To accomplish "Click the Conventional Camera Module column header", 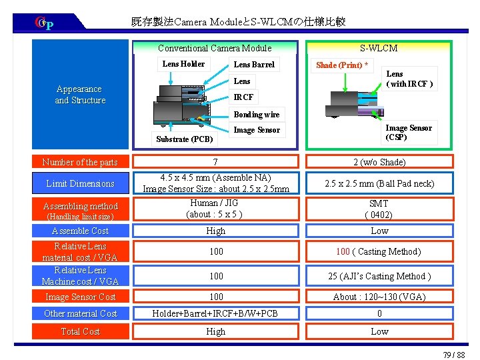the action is click(215, 48).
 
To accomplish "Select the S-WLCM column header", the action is click(378, 48).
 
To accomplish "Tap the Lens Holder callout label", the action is click(183, 64).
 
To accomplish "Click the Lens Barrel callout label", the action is click(253, 65).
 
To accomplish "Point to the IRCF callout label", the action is click(243, 97).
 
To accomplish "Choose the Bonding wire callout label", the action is click(257, 115).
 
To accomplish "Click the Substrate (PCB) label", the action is click(184, 139).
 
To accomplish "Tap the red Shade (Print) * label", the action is click(342, 65).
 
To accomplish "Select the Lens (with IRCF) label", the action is click(409, 79).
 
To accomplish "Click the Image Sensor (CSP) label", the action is click(409, 133).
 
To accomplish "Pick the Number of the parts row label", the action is click(80, 162).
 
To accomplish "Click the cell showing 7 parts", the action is click(215, 162).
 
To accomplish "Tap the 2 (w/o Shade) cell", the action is click(379, 162).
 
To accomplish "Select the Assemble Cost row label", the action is click(80, 231).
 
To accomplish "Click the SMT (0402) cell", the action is click(379, 209).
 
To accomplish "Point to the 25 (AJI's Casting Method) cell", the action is click(379, 276).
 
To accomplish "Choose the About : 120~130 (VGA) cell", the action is click(379, 297).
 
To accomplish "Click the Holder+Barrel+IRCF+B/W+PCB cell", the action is click(215, 313).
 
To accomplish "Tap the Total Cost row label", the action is click(80, 331).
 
